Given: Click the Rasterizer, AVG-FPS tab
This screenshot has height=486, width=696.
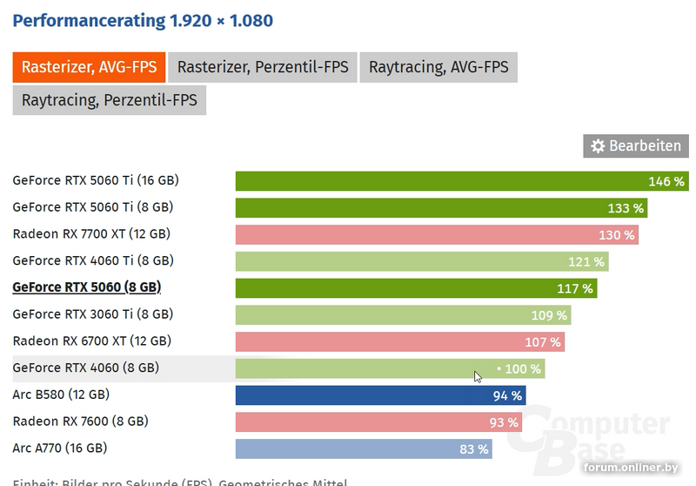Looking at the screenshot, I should [x=89, y=67].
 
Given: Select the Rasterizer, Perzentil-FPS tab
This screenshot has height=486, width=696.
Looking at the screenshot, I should [x=263, y=67].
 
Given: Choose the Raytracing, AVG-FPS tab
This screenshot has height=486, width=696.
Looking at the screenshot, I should [x=438, y=67].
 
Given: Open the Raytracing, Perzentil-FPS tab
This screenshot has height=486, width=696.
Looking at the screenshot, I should [x=109, y=100].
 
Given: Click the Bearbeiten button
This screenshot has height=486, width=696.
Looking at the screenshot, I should [x=635, y=145].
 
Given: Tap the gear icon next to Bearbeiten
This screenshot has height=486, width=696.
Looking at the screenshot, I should [x=598, y=146].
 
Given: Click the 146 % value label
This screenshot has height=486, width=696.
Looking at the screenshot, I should [x=666, y=181].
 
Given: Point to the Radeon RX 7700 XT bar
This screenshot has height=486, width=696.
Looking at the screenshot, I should [x=435, y=235].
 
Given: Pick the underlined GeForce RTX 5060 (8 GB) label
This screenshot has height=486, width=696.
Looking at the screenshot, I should [x=87, y=287].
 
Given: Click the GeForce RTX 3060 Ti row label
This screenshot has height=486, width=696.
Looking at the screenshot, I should [x=93, y=314].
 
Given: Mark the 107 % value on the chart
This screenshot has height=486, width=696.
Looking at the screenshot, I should [x=543, y=342].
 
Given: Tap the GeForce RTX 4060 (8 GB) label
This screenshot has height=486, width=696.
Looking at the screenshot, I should [x=86, y=368].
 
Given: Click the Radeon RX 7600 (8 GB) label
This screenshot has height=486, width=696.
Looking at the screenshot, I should [x=80, y=422].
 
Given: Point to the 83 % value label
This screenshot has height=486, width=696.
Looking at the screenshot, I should [x=473, y=449].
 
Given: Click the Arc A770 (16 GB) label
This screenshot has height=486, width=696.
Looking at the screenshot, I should [x=60, y=449].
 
